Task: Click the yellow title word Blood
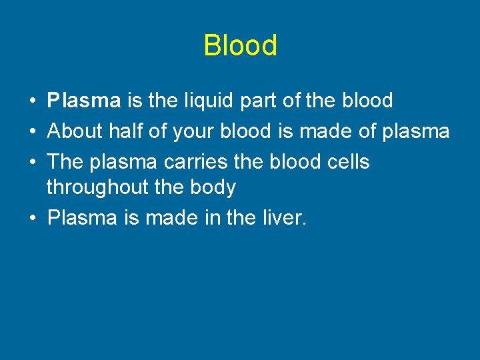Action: pyautogui.click(x=240, y=46)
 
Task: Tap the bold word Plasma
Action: pyautogui.click(x=84, y=101)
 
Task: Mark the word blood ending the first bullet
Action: pyautogui.click(x=367, y=101)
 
